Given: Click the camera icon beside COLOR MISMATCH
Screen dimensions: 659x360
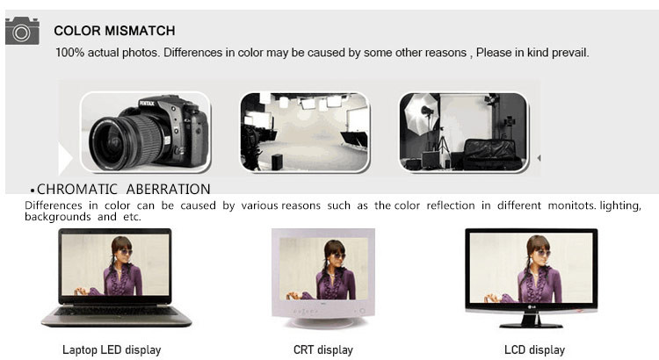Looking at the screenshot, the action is [22, 31].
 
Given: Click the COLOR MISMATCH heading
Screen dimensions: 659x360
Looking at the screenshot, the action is [114, 31].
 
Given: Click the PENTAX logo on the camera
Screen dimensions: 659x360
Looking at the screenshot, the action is [147, 103].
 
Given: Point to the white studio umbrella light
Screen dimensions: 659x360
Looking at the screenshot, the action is [421, 114].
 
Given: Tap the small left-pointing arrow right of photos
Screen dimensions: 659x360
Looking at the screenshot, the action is [539, 158].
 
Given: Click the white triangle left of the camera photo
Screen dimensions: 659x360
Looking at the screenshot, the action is [65, 158].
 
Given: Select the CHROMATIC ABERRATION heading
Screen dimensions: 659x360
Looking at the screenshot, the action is [124, 189].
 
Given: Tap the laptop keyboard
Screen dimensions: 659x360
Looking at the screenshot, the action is [116, 312].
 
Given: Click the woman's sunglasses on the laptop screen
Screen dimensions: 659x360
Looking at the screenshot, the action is [124, 252].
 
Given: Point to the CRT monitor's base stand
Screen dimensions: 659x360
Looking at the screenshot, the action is [322, 322].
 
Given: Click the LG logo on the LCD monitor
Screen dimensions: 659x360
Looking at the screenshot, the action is [532, 306].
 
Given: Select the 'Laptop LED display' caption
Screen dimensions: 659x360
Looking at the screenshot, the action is [112, 350].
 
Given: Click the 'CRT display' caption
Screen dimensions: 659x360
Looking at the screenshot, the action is [322, 350].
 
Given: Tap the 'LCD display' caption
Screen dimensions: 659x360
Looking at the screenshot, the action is [534, 350].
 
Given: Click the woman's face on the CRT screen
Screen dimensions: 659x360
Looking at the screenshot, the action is [336, 256].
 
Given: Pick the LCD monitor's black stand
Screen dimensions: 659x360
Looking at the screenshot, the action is [531, 321].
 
